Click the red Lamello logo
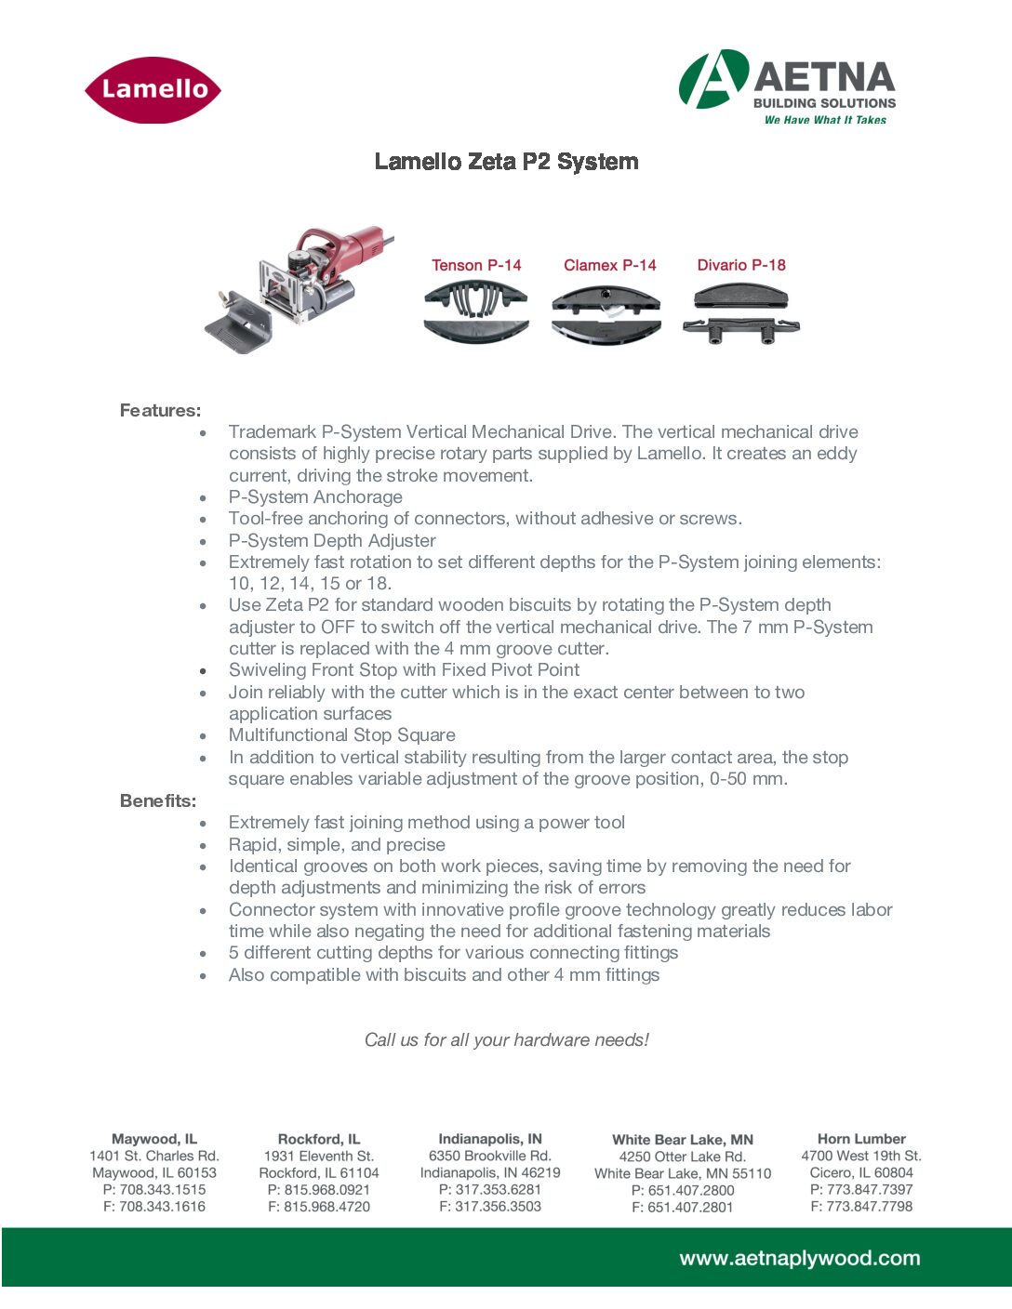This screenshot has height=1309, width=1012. (153, 90)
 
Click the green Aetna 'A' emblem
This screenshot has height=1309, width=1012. (713, 80)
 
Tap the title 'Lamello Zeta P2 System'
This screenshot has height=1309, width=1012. (506, 162)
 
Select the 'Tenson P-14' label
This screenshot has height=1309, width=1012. (476, 265)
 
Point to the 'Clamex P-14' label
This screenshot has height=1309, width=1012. (609, 265)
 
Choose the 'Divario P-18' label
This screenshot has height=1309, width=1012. (741, 265)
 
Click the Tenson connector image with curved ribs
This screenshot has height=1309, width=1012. (476, 311)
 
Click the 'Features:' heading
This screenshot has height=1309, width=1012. (160, 410)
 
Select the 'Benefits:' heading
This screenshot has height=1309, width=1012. (158, 800)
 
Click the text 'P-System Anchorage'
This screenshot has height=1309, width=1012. (315, 497)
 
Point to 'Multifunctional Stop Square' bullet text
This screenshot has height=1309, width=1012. (341, 735)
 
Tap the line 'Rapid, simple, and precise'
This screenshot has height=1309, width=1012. (337, 845)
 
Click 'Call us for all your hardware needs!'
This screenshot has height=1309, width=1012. (506, 1039)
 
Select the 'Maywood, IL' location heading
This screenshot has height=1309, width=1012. (154, 1139)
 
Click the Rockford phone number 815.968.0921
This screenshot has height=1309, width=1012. (319, 1190)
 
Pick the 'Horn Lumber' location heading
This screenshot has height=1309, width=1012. (861, 1139)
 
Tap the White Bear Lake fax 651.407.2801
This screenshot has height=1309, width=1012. (683, 1207)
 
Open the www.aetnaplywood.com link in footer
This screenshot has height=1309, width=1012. (799, 1259)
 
